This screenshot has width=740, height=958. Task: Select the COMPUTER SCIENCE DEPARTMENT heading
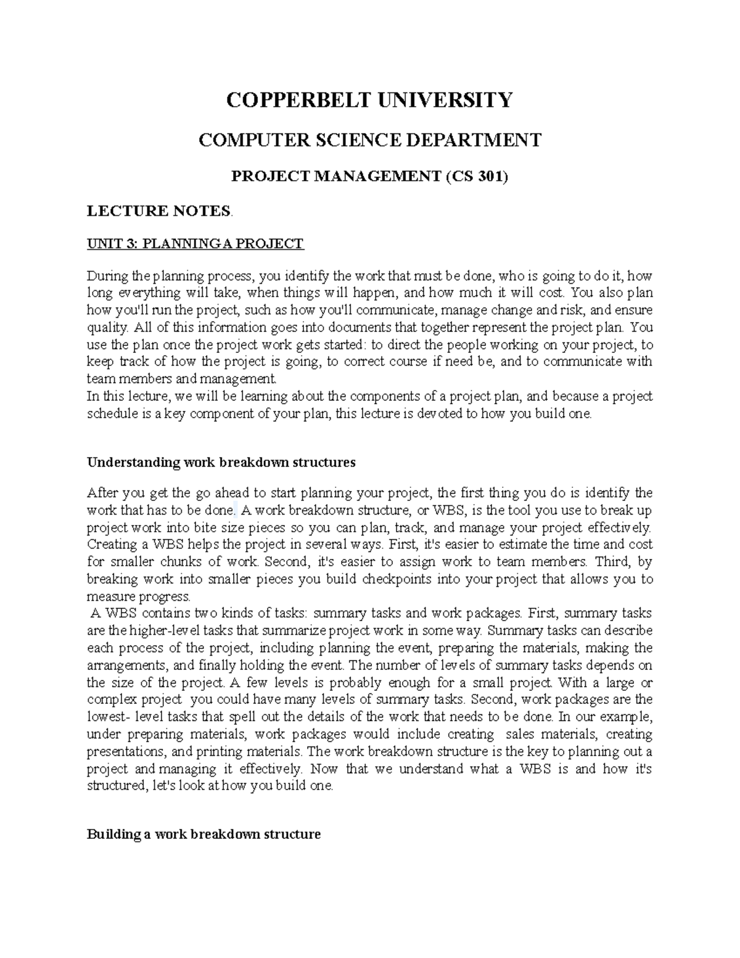coord(369,140)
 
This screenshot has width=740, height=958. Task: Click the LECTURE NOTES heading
coord(158,212)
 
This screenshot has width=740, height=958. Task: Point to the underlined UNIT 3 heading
coord(195,244)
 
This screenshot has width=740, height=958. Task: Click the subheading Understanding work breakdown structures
coord(221,463)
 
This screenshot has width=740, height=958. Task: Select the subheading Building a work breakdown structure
coord(203,835)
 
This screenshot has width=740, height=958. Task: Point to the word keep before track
coord(101,361)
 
